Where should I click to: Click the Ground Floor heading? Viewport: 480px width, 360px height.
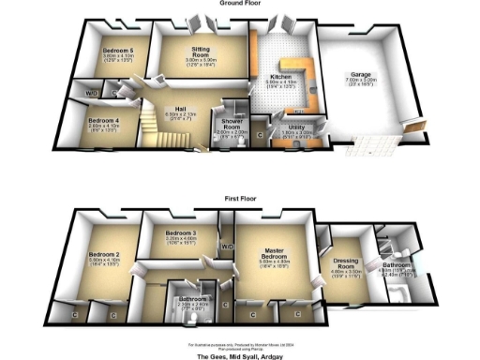point(240,3)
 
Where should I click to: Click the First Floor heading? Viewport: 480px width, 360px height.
point(240,200)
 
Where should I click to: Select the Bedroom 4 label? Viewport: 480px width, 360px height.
point(103,121)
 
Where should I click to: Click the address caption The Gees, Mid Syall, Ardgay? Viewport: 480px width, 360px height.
point(240,356)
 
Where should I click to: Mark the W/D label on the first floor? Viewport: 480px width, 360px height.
point(226,247)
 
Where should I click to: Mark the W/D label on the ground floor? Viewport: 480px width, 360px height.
point(91,94)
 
